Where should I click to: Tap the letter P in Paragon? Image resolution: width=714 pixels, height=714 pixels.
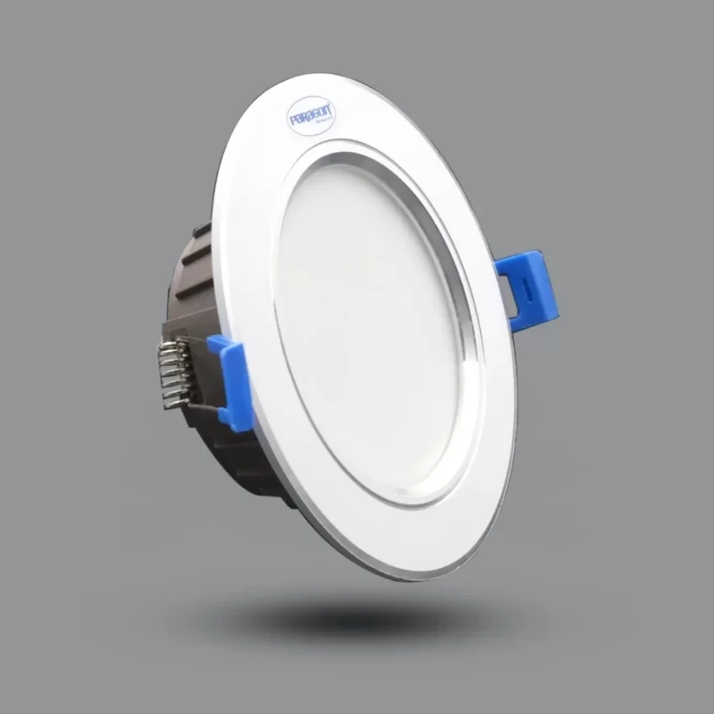[293, 121]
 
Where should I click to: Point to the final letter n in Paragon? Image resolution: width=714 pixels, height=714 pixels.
[330, 107]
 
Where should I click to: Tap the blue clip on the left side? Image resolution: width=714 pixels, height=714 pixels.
[231, 382]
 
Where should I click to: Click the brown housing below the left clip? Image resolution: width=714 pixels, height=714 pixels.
[244, 462]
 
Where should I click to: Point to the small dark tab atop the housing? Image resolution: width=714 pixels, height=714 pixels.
[202, 228]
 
